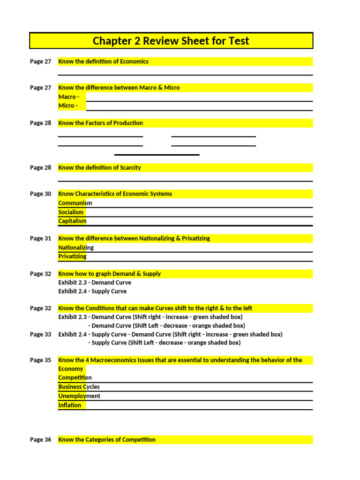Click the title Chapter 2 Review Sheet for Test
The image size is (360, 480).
coord(171,41)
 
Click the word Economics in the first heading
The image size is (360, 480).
coord(134,61)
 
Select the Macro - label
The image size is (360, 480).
coord(68,97)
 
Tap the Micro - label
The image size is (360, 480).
coord(68,105)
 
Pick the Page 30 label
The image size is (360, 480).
coord(40,194)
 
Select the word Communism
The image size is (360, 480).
coord(75,203)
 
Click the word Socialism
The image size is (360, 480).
coord(71,212)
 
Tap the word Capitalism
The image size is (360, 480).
coord(72,221)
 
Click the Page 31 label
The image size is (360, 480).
coord(40,238)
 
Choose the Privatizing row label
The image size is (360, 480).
coord(72,256)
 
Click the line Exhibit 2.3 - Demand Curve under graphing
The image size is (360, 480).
coord(95,283)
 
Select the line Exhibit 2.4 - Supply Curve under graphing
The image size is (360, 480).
coord(92,291)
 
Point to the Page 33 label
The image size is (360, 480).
coord(40,334)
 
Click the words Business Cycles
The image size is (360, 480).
coord(79,387)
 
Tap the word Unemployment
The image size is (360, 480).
coord(79,396)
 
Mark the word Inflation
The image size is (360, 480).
coord(69,405)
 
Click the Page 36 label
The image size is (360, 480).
coord(40,440)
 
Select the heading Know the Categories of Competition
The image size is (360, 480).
coord(106,440)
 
